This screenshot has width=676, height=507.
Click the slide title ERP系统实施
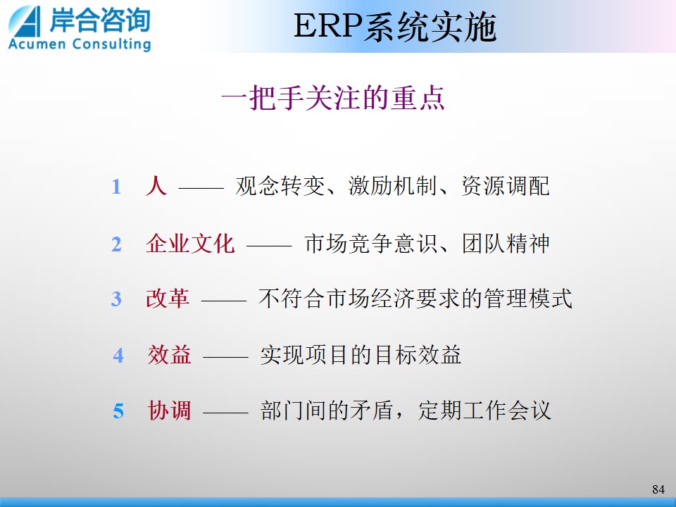[x=395, y=27]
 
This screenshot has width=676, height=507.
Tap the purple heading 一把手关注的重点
[x=333, y=99]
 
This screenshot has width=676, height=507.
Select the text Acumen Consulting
[x=80, y=44]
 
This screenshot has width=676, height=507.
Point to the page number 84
[x=658, y=489]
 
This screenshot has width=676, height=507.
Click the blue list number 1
[x=116, y=187]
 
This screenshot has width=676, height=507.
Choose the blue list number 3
[x=116, y=299]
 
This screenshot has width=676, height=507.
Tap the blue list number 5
[x=118, y=411]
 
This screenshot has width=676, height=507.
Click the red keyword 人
[x=156, y=186]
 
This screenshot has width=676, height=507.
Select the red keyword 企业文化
[x=190, y=244]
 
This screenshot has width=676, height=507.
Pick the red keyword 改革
[x=168, y=299]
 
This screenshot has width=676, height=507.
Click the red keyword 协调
[x=169, y=410]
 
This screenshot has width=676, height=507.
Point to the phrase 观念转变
[x=280, y=186]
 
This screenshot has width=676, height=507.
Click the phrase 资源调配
[x=506, y=186]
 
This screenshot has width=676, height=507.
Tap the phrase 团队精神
[x=506, y=244]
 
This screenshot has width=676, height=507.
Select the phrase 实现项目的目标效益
[x=361, y=355]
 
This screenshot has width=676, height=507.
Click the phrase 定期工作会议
[x=484, y=410]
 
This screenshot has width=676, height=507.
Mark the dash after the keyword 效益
[x=225, y=357]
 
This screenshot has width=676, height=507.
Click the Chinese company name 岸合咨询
[x=99, y=20]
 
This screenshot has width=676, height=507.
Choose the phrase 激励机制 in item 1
[x=392, y=186]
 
